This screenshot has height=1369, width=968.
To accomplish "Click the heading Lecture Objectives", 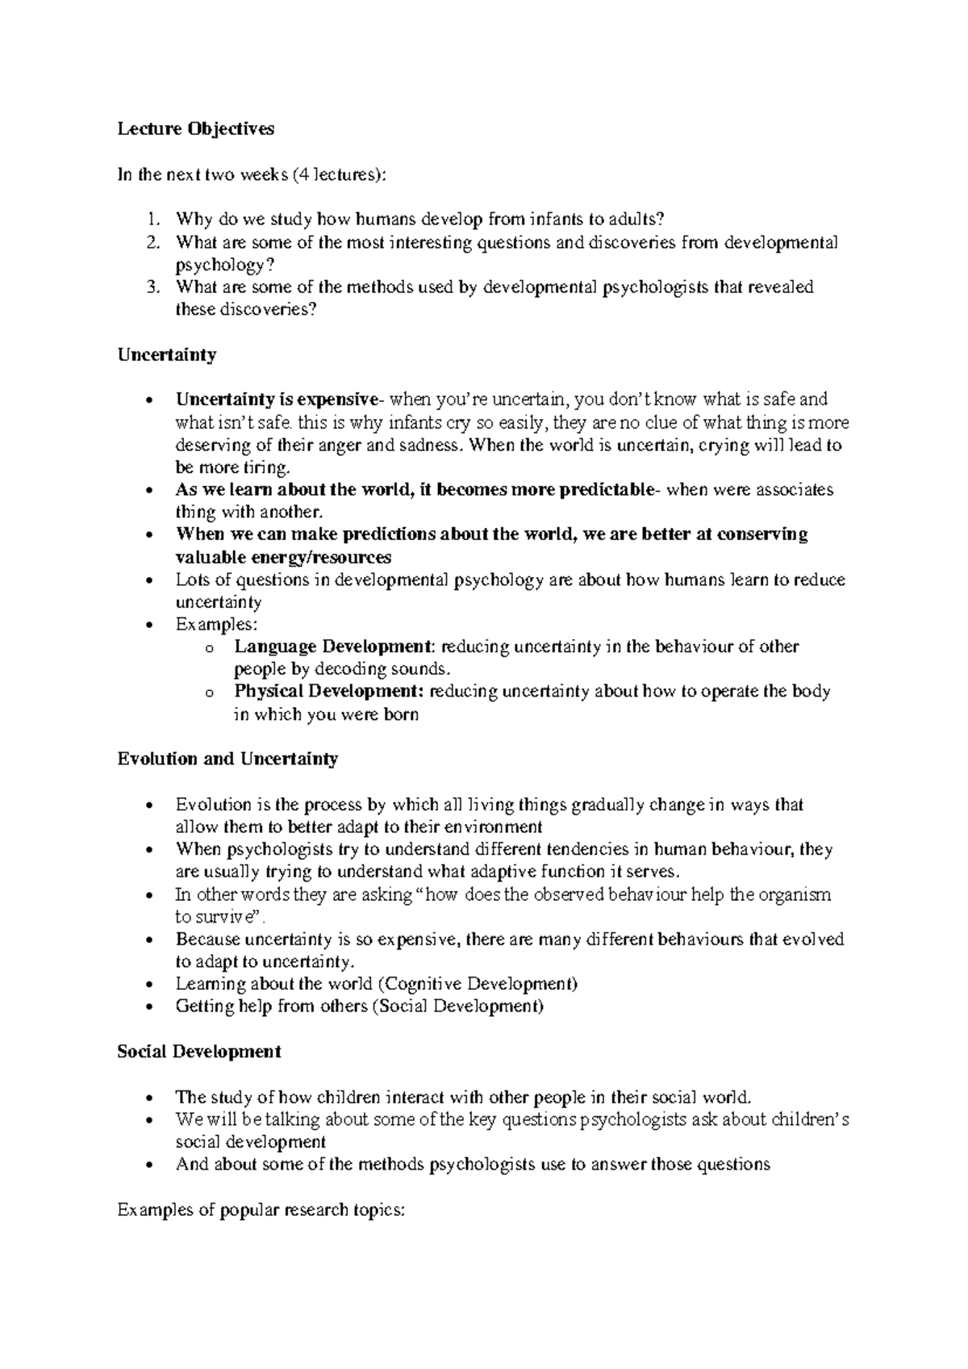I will click(195, 129).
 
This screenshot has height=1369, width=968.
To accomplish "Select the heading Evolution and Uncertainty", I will click(227, 759).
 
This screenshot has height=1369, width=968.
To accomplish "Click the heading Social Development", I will click(198, 1052).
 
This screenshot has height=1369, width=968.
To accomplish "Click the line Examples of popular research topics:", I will click(260, 1209).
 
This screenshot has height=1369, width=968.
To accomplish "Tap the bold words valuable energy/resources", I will click(283, 557).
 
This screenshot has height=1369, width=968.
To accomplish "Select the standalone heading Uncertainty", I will click(166, 355).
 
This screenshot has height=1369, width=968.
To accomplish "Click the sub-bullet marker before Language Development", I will click(210, 648).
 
